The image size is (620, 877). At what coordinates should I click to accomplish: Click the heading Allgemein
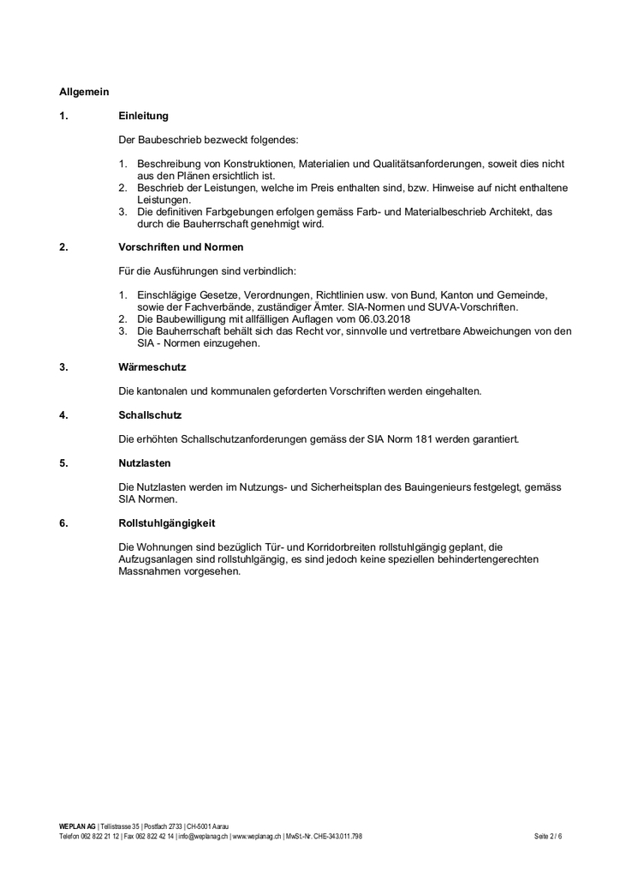click(84, 91)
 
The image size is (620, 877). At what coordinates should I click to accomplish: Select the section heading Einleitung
click(143, 115)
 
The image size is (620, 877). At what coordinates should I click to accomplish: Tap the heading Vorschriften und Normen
click(181, 248)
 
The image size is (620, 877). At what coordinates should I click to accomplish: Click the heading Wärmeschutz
click(152, 367)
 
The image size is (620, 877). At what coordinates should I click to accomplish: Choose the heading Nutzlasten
click(145, 463)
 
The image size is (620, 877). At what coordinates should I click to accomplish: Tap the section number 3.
click(63, 367)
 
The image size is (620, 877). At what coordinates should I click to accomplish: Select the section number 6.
click(63, 522)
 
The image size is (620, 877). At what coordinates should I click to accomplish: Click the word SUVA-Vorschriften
click(473, 307)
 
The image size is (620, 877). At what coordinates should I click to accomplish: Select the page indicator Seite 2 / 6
click(548, 836)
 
